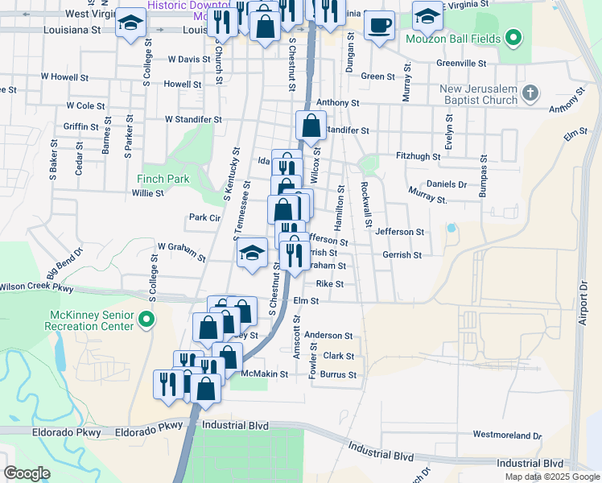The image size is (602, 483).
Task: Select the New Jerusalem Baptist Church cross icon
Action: tap(530, 93)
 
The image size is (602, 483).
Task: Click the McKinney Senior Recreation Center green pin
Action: tap(146, 320)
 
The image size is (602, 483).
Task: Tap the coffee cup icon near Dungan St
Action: tap(379, 24)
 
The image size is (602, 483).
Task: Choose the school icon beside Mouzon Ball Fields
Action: tap(427, 15)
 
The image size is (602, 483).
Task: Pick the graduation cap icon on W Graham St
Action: tap(252, 253)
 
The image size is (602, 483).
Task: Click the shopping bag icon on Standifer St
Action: tap(311, 126)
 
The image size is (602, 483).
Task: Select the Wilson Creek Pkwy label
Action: tap(36, 287)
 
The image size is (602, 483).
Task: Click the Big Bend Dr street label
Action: tap(64, 262)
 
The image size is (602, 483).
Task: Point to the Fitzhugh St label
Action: tap(419, 156)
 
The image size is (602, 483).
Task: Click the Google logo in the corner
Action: tap(27, 473)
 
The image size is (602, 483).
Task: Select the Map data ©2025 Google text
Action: tap(551, 477)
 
